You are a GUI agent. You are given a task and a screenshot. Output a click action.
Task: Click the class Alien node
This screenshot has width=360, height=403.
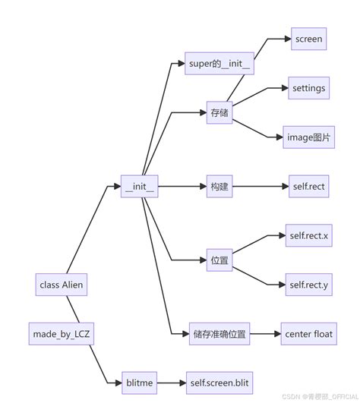pos(62,285)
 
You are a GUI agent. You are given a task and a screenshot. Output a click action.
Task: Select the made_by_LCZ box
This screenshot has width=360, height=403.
pos(62,333)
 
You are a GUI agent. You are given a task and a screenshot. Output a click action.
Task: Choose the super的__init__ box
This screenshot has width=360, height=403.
pos(219,63)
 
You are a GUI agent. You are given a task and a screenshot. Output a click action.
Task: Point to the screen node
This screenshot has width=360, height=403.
pos(308,39)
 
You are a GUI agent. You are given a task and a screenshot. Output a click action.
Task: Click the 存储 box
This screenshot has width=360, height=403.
pos(219,112)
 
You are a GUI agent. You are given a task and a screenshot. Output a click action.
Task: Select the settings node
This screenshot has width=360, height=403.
pos(308,88)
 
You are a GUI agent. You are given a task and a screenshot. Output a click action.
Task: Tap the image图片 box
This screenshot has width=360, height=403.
pos(308,137)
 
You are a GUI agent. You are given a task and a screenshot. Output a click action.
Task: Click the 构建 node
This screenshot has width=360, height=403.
pos(219,185)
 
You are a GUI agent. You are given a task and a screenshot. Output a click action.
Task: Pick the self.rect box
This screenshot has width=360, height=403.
pos(308,185)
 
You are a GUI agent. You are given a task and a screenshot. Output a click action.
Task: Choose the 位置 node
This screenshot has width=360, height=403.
pos(219,260)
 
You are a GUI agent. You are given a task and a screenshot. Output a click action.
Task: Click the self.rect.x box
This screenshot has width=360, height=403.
pos(308,235)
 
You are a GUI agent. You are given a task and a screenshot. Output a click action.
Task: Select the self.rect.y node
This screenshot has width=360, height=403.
pos(308,284)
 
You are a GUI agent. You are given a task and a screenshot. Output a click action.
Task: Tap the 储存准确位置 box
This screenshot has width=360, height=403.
pos(219,333)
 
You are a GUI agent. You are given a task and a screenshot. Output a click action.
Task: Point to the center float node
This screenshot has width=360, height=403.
pos(308,333)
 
